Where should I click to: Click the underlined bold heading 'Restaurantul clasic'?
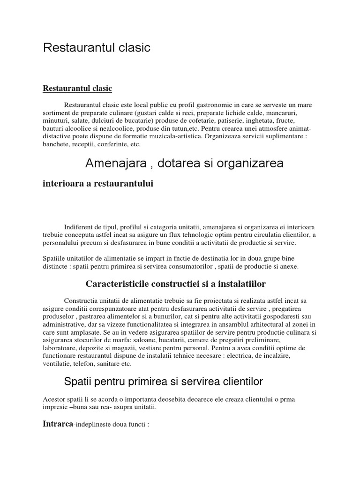pyautogui.click(x=77, y=88)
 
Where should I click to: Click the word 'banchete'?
pyautogui.click(x=55, y=144)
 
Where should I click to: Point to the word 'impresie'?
pyautogui.click(x=54, y=407)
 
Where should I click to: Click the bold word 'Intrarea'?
pyautogui.click(x=58, y=425)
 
